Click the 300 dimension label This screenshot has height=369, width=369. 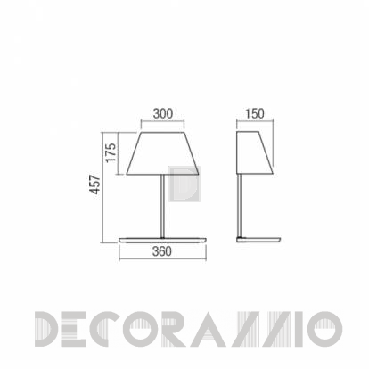[163, 113]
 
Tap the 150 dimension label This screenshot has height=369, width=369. [255, 113]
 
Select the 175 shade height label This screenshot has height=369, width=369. [111, 152]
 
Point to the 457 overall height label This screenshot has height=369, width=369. [95, 184]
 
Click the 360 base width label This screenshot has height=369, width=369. [162, 251]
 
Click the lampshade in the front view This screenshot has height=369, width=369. [162, 153]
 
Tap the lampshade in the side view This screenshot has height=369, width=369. [255, 152]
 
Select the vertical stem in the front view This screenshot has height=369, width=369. [162, 206]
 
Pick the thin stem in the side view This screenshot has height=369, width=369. [239, 205]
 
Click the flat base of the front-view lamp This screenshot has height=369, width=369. [162, 240]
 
